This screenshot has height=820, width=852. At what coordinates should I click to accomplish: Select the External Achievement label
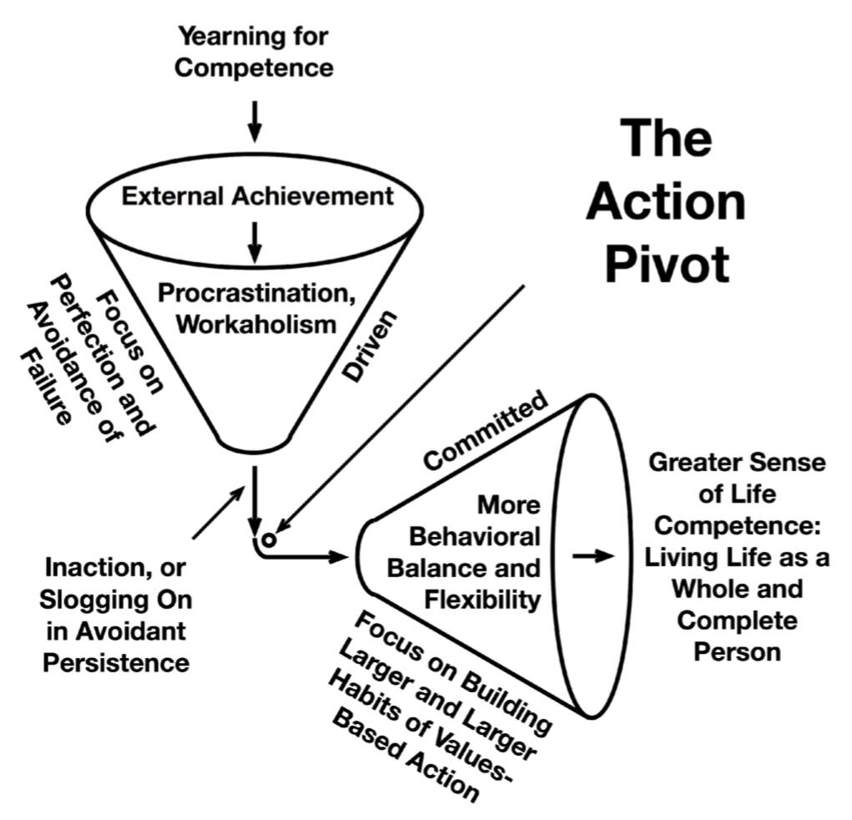pos(257,196)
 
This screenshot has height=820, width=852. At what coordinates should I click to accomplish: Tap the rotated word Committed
pos(485,430)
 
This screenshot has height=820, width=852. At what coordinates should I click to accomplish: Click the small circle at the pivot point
pos(270,539)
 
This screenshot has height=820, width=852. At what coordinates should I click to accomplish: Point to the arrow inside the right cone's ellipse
pos(593,556)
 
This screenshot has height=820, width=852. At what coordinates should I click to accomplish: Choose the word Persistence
pos(116,662)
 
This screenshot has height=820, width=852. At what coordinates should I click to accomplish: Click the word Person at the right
pos(737,650)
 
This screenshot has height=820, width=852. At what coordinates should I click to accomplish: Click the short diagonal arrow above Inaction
pos(219,512)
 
